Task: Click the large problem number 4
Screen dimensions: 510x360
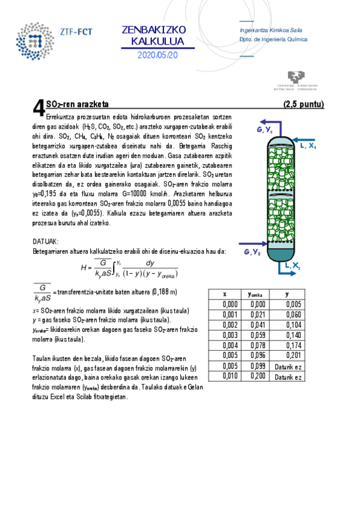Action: pyautogui.click(x=38, y=108)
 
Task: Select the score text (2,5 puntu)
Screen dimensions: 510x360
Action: pyautogui.click(x=303, y=104)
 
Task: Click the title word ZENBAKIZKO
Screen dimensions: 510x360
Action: pyautogui.click(x=154, y=30)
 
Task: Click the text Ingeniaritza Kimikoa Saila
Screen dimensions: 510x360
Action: pyautogui.click(x=270, y=30)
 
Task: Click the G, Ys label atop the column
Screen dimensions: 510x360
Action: pyautogui.click(x=265, y=130)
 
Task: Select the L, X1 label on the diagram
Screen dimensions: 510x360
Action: pyautogui.click(x=308, y=146)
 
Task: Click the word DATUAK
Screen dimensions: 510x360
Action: pyautogui.click(x=45, y=241)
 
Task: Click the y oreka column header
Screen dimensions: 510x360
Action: pyautogui.click(x=257, y=294)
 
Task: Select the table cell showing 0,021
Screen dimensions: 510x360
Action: pyautogui.click(x=257, y=315)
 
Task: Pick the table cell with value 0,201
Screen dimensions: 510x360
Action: pyautogui.click(x=293, y=355)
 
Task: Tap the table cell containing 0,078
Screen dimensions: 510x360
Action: pyautogui.click(x=257, y=345)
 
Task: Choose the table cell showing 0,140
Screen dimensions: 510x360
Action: pyautogui.click(x=293, y=335)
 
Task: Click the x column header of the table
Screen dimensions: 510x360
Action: pyautogui.click(x=225, y=294)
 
